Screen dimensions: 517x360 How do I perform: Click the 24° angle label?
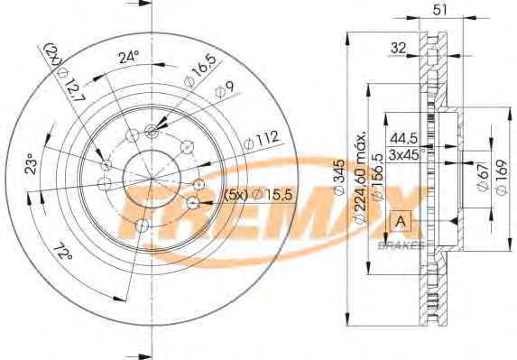pyautogui.click(x=129, y=57)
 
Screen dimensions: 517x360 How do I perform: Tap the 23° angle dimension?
pyautogui.click(x=32, y=163)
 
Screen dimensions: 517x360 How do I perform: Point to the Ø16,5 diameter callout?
pyautogui.click(x=200, y=71)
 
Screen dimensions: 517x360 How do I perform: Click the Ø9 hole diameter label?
pyautogui.click(x=225, y=89)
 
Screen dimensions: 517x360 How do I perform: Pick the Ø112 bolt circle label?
pyautogui.click(x=262, y=140)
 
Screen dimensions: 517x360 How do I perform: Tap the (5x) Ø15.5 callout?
pyautogui.click(x=258, y=195)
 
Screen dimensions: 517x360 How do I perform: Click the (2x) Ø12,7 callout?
pyautogui.click(x=65, y=72)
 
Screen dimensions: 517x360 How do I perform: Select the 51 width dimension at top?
pyautogui.click(x=440, y=10)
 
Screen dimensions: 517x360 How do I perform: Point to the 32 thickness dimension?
pyautogui.click(x=398, y=48)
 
